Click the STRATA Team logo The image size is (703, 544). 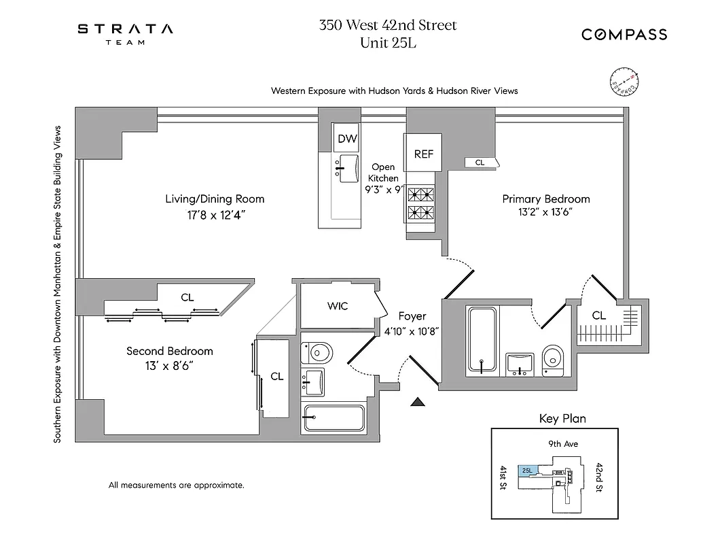(x=124, y=33)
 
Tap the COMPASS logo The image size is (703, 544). (x=624, y=35)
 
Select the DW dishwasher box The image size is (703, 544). (x=348, y=139)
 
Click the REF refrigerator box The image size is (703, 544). (x=424, y=154)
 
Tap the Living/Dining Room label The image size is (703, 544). (x=215, y=199)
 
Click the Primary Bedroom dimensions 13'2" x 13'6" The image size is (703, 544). (x=546, y=211)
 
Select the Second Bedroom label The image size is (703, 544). (x=170, y=351)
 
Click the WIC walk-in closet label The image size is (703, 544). (x=338, y=306)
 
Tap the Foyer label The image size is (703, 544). (x=412, y=316)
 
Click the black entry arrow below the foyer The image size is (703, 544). (x=418, y=403)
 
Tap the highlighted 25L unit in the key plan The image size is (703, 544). (x=527, y=470)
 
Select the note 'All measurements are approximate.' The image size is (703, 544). (x=176, y=486)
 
